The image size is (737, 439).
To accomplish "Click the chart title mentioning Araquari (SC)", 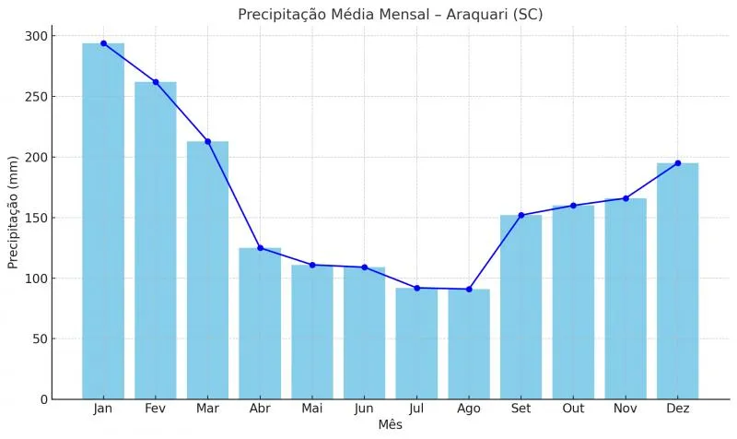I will (x=390, y=14).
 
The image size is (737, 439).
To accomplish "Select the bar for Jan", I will (x=103, y=221).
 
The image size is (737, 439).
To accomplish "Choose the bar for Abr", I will (x=260, y=323).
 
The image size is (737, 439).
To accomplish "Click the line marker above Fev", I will (x=156, y=82).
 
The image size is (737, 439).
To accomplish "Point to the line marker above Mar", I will (x=207, y=141).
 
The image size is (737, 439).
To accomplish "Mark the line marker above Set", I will (x=521, y=215).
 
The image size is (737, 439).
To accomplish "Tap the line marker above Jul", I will (x=416, y=288).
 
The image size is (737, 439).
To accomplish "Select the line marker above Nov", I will (x=626, y=198).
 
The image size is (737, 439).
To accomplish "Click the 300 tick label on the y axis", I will (x=37, y=36).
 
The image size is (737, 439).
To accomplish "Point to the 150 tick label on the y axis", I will (x=37, y=218).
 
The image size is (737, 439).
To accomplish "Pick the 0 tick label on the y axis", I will (x=43, y=399).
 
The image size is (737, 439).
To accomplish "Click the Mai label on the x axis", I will (x=312, y=409).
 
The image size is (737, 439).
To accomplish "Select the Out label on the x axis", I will (x=573, y=409).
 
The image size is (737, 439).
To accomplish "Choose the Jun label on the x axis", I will (x=364, y=409).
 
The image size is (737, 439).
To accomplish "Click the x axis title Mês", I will (x=390, y=425).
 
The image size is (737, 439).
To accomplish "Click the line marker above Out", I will (x=573, y=206).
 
